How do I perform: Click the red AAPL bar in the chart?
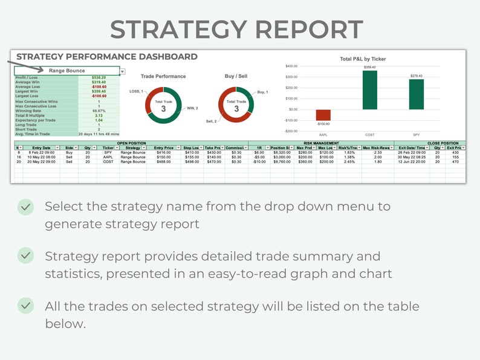pos(323,115)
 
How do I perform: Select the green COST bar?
pos(370,90)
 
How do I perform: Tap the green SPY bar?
pos(416,94)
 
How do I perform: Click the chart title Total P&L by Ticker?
pos(363,59)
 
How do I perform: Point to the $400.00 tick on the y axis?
pos(291,66)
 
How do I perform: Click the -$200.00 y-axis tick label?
pos(291,131)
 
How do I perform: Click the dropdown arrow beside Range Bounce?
pos(123,71)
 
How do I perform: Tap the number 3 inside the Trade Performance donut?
pos(163,109)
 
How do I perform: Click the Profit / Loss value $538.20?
pos(99,77)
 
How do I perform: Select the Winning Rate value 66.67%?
pos(99,111)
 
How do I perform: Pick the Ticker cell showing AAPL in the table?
pos(108,157)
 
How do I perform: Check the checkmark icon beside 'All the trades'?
pos(25,306)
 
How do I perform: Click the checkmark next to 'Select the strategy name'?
pos(25,207)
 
